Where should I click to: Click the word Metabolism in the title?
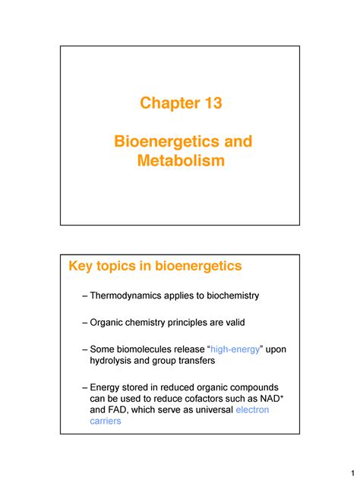(x=180, y=160)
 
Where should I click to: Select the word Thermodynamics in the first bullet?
(x=133, y=295)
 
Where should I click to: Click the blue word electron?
(x=253, y=411)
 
